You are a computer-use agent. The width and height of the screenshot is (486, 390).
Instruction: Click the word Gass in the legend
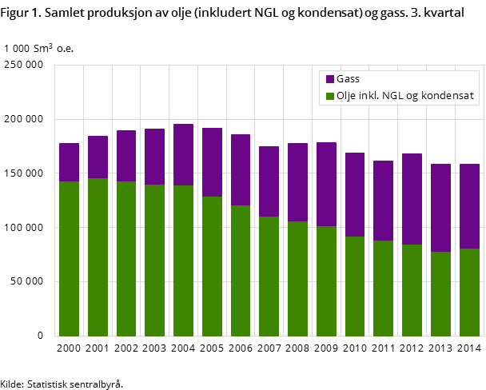[x=348, y=79]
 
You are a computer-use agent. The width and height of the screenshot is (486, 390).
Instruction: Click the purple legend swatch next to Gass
[x=330, y=79]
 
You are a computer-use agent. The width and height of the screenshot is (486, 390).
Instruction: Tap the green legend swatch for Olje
[x=330, y=97]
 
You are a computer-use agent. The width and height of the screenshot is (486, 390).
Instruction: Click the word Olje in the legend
[x=348, y=97]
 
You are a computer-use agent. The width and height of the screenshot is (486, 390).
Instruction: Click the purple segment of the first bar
[x=70, y=162]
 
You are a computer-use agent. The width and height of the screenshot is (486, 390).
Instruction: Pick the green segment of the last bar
[x=469, y=292]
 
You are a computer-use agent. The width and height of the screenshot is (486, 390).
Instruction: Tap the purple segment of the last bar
[x=469, y=206]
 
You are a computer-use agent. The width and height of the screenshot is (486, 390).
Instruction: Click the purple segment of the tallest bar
[x=184, y=155]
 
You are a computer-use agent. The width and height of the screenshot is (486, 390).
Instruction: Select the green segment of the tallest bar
[x=184, y=261]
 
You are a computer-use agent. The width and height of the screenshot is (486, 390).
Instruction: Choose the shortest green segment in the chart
[x=440, y=294]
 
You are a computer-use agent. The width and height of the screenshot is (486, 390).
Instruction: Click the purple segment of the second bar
[x=98, y=157]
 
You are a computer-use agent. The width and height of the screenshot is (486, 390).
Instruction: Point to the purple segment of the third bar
[x=126, y=156]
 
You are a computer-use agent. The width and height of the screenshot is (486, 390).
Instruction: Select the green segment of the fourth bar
[x=155, y=261]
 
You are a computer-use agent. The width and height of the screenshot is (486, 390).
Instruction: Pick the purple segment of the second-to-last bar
[x=440, y=208]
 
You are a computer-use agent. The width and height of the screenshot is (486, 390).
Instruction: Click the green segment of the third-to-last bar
[x=412, y=290]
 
